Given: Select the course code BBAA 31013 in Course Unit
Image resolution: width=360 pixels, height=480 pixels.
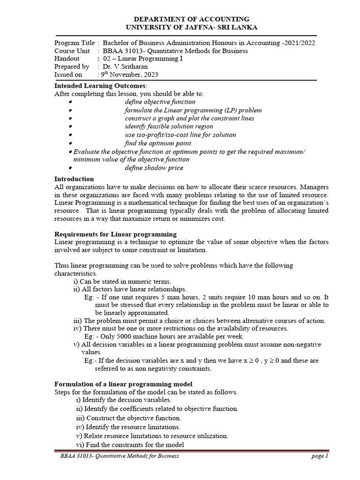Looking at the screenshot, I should (120, 51).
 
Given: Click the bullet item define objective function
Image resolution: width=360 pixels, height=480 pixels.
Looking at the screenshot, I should (160, 102).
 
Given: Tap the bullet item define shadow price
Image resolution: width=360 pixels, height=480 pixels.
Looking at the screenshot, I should (154, 168).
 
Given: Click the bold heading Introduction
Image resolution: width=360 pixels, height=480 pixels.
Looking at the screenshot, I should (74, 179).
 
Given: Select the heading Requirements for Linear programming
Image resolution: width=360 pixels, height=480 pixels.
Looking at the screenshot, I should (115, 234).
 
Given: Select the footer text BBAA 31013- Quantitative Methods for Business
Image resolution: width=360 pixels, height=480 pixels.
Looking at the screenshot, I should (117, 456).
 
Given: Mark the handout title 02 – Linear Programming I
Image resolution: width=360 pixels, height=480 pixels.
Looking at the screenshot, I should (142, 59).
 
